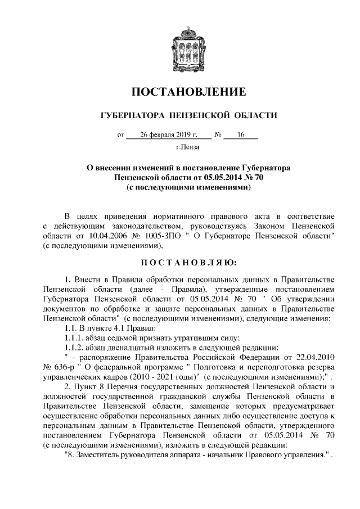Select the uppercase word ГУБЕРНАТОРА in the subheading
(x=132, y=116)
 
